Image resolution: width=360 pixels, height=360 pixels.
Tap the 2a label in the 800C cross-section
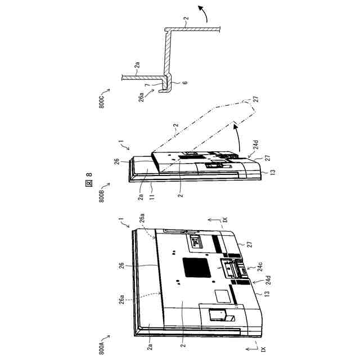coord(136,66)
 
